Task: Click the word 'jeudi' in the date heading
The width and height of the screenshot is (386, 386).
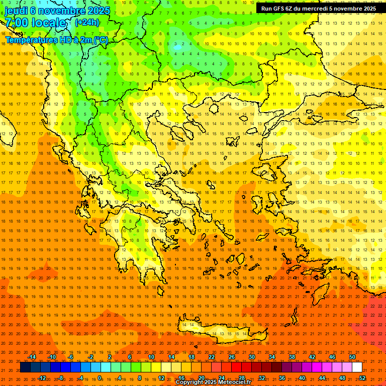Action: tap(16, 11)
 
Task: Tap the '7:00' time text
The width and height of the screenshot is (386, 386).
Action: tap(17, 23)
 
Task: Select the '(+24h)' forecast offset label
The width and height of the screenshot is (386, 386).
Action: tap(87, 23)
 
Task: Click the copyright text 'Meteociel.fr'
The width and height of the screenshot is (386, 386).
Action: tap(238, 382)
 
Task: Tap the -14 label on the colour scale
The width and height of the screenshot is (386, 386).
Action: tap(32, 357)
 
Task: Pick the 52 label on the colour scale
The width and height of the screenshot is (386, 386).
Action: tap(362, 377)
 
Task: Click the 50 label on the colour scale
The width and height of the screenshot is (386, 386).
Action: tap(352, 357)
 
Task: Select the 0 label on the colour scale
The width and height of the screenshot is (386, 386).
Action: tap(100, 377)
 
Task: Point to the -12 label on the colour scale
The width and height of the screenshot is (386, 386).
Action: tap(42, 377)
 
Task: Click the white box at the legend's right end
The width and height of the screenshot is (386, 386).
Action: tap(357, 367)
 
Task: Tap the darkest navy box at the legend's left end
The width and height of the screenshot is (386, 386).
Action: tap(25, 367)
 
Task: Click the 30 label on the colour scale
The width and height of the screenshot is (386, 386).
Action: tap(252, 357)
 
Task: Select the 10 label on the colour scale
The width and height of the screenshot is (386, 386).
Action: tap(151, 357)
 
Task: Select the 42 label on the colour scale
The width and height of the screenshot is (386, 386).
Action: tap(312, 357)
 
